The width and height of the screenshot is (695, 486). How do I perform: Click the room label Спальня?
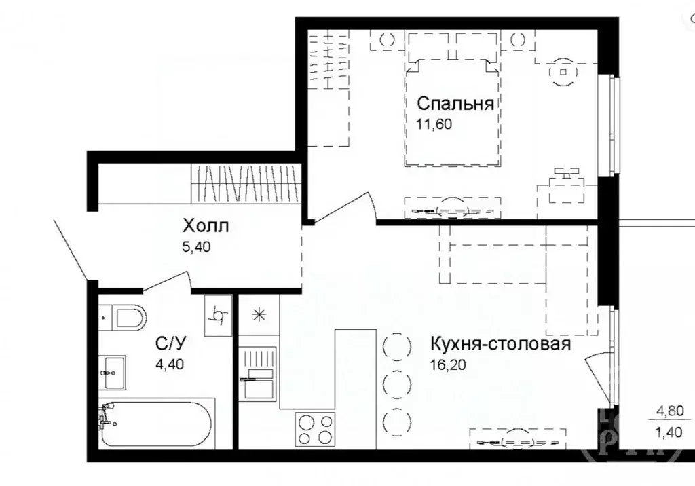pos(454,104)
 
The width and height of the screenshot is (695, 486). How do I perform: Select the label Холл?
pos(206,225)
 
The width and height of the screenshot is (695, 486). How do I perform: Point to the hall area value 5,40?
pos(198,247)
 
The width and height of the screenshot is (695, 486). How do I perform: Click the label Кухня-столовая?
pos(500,344)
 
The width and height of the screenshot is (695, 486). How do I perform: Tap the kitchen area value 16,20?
pos(449,364)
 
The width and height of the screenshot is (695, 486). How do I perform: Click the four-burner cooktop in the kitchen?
pos(316,429)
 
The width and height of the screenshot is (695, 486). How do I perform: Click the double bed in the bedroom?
pos(451,112)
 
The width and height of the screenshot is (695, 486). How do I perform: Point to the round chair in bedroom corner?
pos(563,71)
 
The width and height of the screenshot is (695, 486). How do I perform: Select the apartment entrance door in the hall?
pos(70,248)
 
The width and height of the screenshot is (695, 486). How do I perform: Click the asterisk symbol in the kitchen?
pos(258,314)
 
